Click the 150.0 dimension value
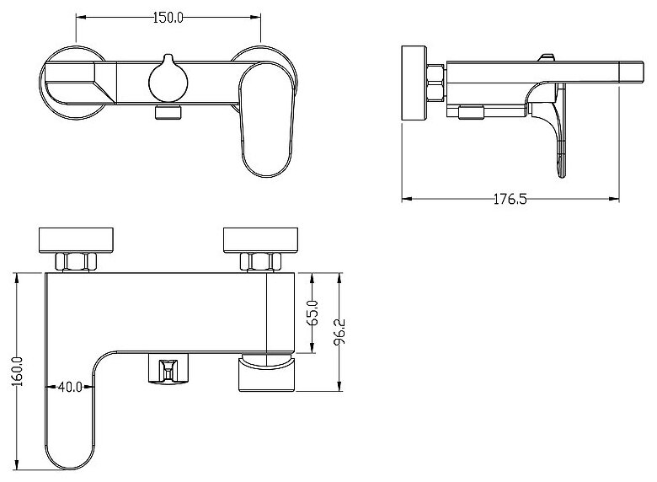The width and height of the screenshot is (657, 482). tap(168, 17)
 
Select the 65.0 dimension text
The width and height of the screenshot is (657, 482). tap(312, 313)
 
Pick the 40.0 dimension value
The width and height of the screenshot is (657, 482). tap(70, 388)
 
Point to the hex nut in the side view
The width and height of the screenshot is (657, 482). tap(435, 84)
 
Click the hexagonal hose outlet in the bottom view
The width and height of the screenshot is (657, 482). tap(168, 371)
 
